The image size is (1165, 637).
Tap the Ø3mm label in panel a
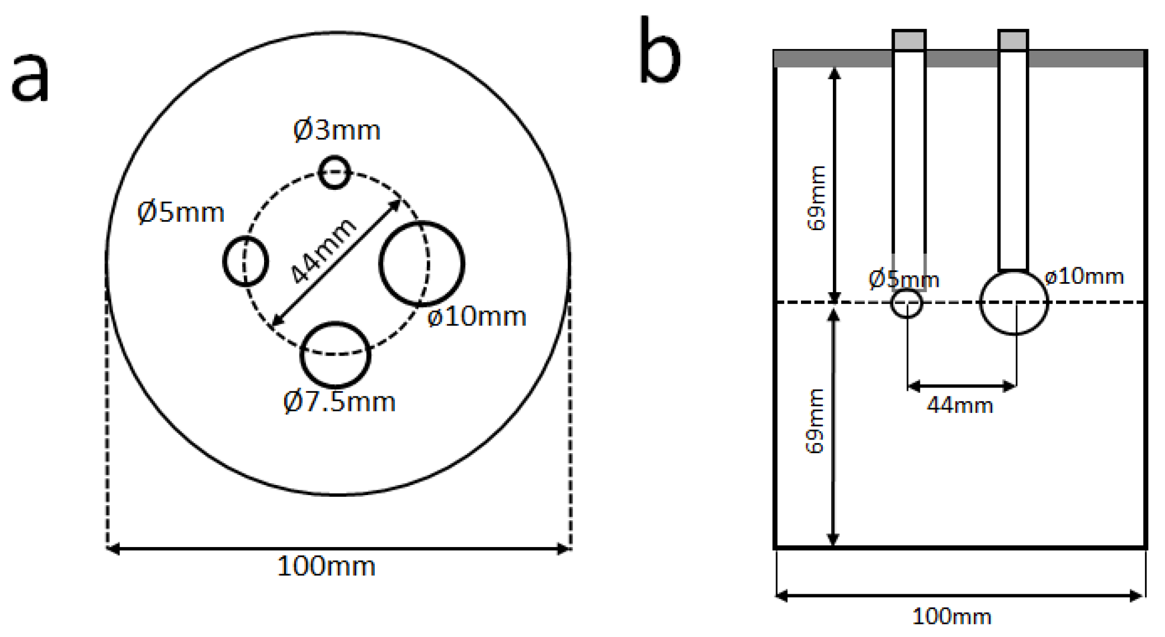click(x=336, y=130)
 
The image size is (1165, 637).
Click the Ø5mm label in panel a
click(x=181, y=212)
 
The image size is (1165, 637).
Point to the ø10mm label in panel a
click(x=477, y=317)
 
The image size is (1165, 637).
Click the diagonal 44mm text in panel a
click(x=323, y=251)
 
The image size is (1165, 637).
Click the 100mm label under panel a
click(x=326, y=567)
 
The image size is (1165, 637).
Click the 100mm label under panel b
click(x=951, y=617)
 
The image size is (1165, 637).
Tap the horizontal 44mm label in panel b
click(x=960, y=406)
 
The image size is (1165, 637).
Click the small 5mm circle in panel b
click(x=906, y=303)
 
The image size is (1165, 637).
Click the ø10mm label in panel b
click(x=1084, y=276)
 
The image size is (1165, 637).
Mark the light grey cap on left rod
click(x=909, y=40)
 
